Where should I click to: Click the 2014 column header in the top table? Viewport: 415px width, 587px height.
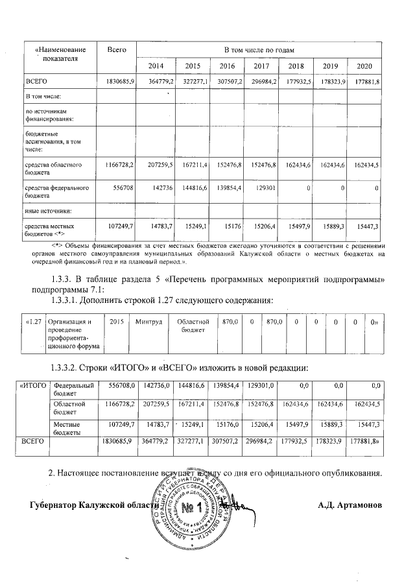(156, 66)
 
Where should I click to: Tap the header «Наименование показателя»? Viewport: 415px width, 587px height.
(60, 54)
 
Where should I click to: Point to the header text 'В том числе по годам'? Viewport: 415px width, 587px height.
(259, 50)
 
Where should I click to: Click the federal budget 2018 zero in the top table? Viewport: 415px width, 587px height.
(308, 188)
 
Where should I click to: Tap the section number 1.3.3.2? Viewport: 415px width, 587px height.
(64, 367)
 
